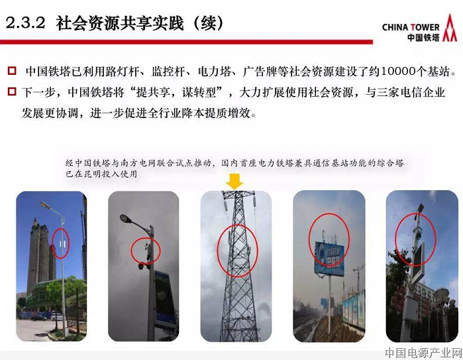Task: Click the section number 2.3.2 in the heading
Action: coord(25,23)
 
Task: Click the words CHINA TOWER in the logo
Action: coord(411,27)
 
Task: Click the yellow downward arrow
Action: coord(234,181)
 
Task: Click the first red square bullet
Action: coord(12,71)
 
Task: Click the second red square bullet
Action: coord(12,91)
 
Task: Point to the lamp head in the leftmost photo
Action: coord(45,205)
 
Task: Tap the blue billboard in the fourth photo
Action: coord(329,259)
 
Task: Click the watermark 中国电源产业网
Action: coord(423,353)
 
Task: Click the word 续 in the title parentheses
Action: coord(209,23)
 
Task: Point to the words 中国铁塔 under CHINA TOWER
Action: coord(423,38)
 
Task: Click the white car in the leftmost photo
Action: coord(57,317)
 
